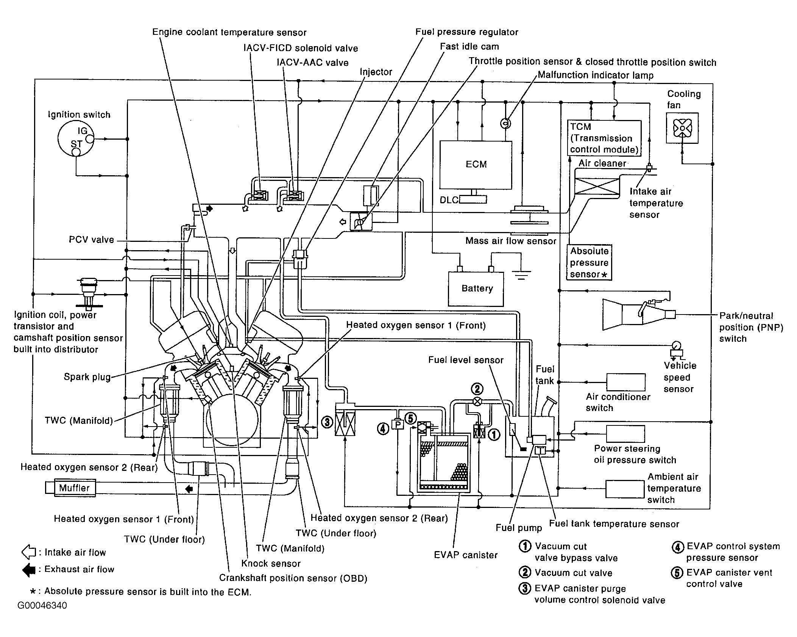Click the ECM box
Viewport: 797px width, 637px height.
[x=476, y=165]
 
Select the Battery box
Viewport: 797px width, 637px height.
[x=476, y=289]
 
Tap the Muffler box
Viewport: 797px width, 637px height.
[x=75, y=488]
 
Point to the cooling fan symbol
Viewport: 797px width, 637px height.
[x=682, y=128]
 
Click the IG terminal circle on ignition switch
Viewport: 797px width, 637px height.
[x=90, y=139]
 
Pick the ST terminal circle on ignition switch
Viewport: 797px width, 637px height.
[x=76, y=152]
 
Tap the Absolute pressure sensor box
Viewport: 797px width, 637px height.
[x=589, y=262]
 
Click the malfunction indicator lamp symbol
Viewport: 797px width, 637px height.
[x=505, y=123]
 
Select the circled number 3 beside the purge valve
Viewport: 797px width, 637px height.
[x=327, y=422]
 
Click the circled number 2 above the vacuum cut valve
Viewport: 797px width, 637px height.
[x=477, y=389]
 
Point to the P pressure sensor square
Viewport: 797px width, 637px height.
[x=398, y=425]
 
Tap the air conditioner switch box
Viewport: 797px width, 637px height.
[x=626, y=382]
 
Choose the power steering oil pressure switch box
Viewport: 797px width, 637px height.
[x=625, y=434]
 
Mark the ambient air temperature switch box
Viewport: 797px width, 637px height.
[x=625, y=489]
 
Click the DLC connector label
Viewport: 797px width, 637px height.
[x=449, y=200]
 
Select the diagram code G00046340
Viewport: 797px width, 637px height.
[x=42, y=606]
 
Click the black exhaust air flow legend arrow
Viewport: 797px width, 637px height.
[x=29, y=570]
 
